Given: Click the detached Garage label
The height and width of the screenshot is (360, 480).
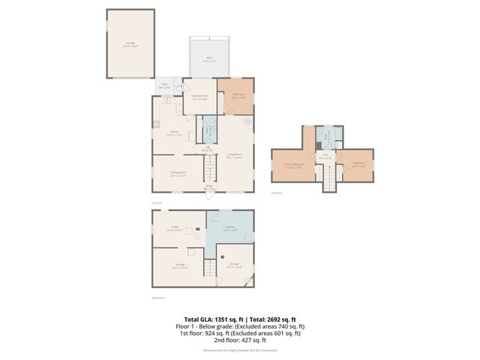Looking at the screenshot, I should click(x=130, y=45).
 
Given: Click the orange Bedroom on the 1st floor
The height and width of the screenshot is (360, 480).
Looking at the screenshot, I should click(x=236, y=95).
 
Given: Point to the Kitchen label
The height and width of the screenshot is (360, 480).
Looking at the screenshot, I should click(x=173, y=133).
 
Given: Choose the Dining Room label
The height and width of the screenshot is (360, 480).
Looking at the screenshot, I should click(x=178, y=173).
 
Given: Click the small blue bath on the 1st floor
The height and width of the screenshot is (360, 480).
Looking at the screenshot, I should click(x=209, y=129).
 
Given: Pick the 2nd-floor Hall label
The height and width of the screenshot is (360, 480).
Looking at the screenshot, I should click(x=325, y=157).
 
